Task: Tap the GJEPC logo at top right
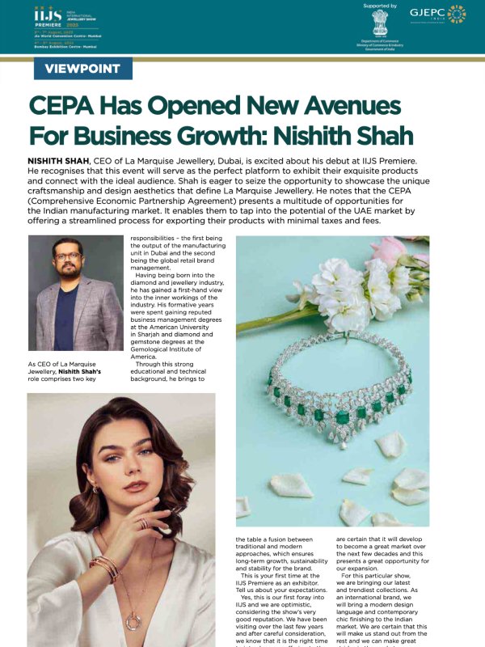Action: point(437,14)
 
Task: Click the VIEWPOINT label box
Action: point(83,69)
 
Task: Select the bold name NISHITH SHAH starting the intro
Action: point(58,163)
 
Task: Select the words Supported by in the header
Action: point(381,6)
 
